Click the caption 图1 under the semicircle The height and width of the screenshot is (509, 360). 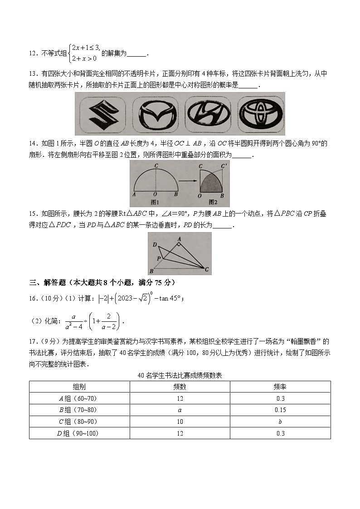156,202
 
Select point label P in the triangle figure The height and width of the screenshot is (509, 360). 158,258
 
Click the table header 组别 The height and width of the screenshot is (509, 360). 79,387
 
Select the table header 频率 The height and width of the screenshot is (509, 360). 280,387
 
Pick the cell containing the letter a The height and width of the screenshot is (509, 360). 180,410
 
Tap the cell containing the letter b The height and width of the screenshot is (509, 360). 280,422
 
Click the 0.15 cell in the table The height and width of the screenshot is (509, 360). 280,410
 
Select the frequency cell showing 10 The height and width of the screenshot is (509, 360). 180,422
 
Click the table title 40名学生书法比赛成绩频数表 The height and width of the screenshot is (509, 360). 180,375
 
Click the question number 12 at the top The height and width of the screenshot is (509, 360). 33,53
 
